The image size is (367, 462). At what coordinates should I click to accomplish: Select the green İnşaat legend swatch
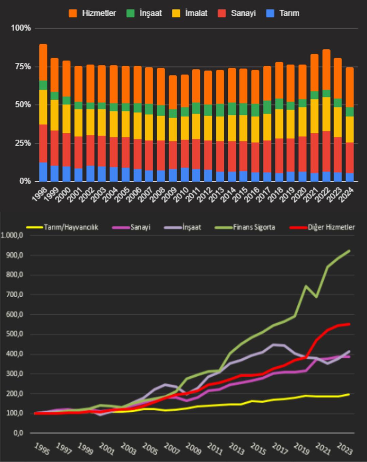130,13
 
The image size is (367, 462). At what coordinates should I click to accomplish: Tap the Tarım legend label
289,13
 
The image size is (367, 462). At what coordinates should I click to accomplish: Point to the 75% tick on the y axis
21,66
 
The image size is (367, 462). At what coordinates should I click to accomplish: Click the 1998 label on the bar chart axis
39,194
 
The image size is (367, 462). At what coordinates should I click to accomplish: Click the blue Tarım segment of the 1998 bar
43,172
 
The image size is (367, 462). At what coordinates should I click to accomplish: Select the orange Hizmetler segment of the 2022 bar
327,70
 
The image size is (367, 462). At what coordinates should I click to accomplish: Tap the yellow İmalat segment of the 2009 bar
173,129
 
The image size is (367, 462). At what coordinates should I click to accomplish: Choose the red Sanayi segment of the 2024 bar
350,158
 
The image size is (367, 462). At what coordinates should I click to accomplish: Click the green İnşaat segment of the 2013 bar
220,110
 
